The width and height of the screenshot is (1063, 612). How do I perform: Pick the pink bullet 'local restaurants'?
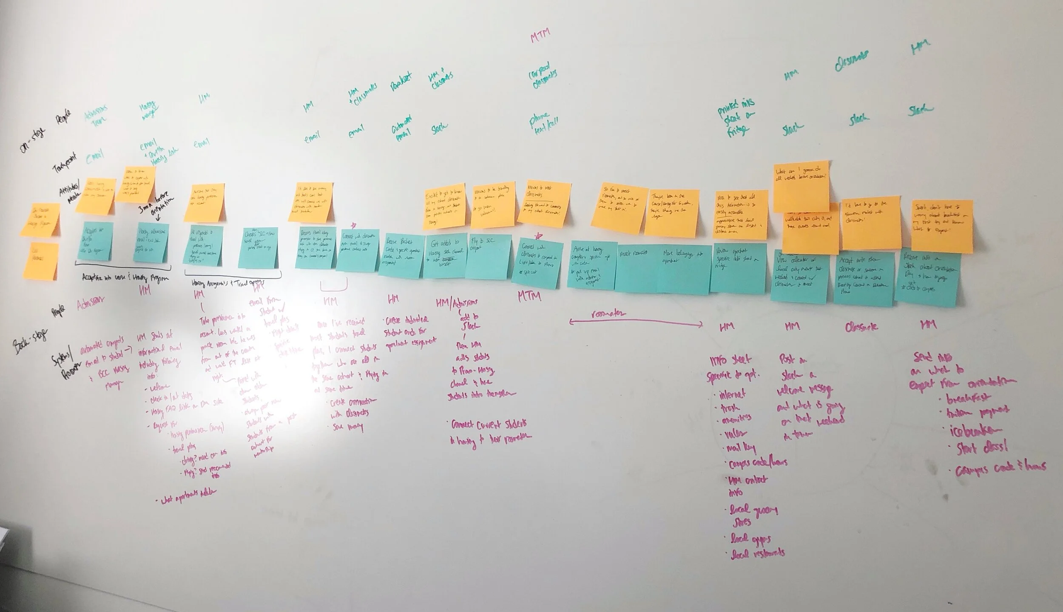click(757, 553)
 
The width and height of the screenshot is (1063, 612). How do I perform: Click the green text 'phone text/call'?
click(545, 121)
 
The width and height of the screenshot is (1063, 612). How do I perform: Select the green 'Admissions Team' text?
click(96, 114)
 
